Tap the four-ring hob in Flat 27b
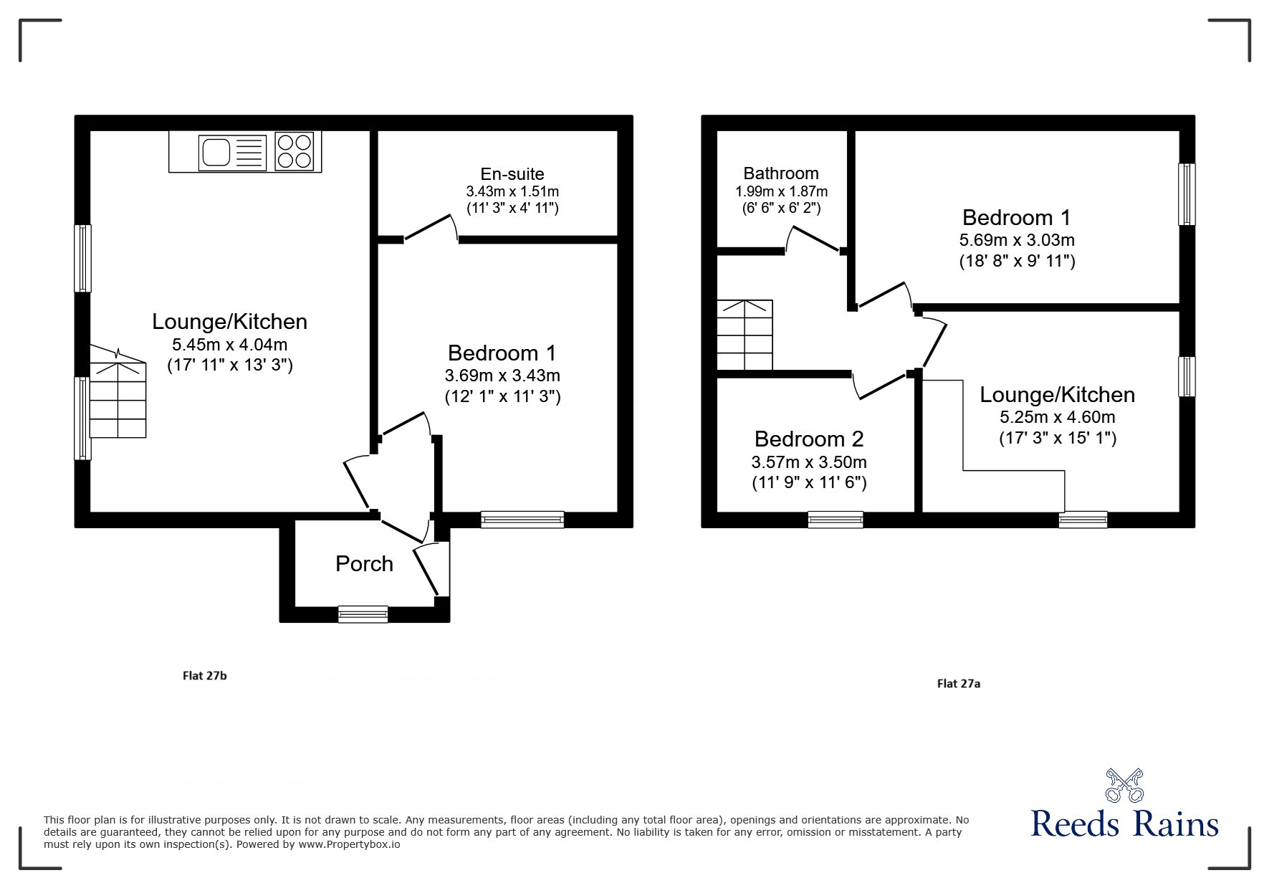point(294,152)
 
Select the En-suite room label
point(512,174)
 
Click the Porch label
point(364,564)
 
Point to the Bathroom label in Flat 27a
point(781,173)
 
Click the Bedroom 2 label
point(809,439)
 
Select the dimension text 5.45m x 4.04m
point(230,344)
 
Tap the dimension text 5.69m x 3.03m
point(1017,240)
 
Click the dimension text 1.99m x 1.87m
point(781,191)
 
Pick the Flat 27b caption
point(205,675)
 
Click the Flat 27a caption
point(959,684)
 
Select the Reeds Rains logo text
point(1124,823)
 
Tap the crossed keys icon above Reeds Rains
point(1125,785)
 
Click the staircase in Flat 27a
point(745,335)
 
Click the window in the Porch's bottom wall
point(363,614)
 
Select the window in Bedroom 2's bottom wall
point(835,519)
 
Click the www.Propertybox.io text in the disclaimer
point(349,844)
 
